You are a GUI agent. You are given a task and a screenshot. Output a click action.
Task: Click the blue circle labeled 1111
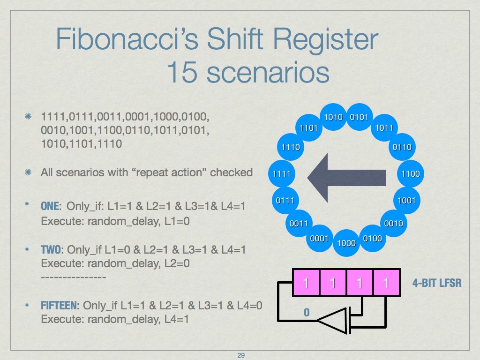tap(282, 174)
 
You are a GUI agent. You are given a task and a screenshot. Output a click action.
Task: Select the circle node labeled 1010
tap(334, 117)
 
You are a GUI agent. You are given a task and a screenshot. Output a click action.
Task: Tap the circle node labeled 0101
tap(360, 117)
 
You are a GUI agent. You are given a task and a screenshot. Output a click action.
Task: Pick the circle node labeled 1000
tap(346, 243)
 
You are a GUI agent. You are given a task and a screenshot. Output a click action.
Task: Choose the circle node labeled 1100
tap(411, 174)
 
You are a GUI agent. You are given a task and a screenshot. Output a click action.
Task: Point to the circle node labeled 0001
tap(320, 239)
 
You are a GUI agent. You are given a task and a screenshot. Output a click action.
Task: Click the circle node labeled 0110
tap(402, 147)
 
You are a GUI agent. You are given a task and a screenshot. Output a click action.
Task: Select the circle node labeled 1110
tap(291, 147)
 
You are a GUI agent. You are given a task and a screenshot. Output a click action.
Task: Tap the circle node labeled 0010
tap(393, 223)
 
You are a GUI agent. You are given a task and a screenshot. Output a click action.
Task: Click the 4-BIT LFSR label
tap(436, 283)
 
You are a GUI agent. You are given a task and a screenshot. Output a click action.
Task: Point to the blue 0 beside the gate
tap(307, 312)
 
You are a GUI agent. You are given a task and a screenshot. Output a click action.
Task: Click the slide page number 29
tap(241, 355)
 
